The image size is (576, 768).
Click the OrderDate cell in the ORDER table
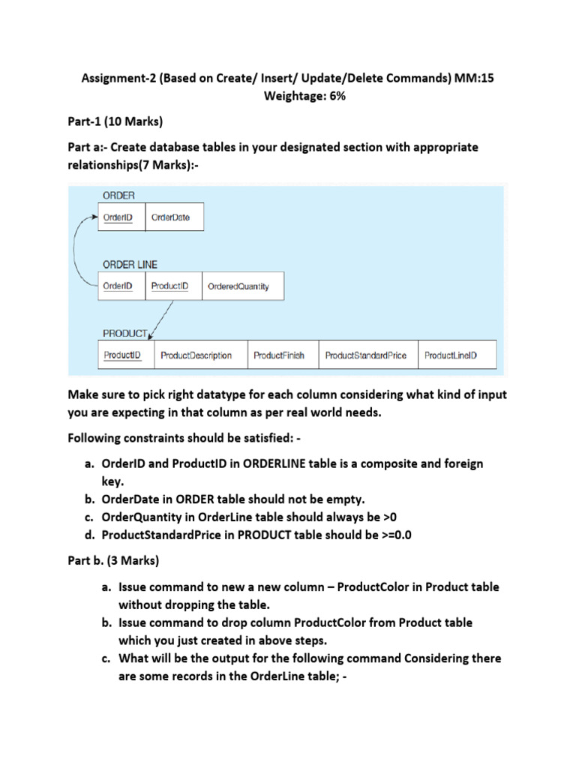pos(173,217)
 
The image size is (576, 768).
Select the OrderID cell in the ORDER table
pos(121,217)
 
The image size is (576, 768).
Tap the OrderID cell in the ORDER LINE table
pos(121,286)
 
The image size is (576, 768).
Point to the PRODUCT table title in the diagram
pos(124,332)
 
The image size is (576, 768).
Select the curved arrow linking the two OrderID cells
pos(78,251)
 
